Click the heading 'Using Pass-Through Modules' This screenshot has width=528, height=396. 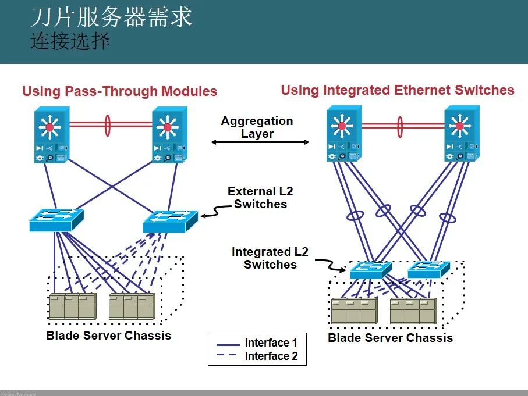point(119,91)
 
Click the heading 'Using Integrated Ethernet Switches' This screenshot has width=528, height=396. point(398,90)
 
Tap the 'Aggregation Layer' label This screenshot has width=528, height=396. point(257,127)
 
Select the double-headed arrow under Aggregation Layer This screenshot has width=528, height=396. point(260,142)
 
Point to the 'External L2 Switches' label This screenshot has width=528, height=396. point(260,198)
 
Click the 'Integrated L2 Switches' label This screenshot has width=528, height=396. point(270,258)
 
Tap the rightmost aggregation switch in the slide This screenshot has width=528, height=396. point(462,133)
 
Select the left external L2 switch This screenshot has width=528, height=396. point(56,220)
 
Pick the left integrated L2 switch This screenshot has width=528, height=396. point(371,269)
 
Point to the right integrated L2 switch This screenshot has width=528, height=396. point(429,268)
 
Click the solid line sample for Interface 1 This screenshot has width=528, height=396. point(228,343)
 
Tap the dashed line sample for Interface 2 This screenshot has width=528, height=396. point(228,356)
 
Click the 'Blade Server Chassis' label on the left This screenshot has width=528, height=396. point(109,336)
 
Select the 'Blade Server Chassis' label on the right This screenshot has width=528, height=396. point(390,338)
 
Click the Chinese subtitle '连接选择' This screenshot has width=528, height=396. point(70,42)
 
